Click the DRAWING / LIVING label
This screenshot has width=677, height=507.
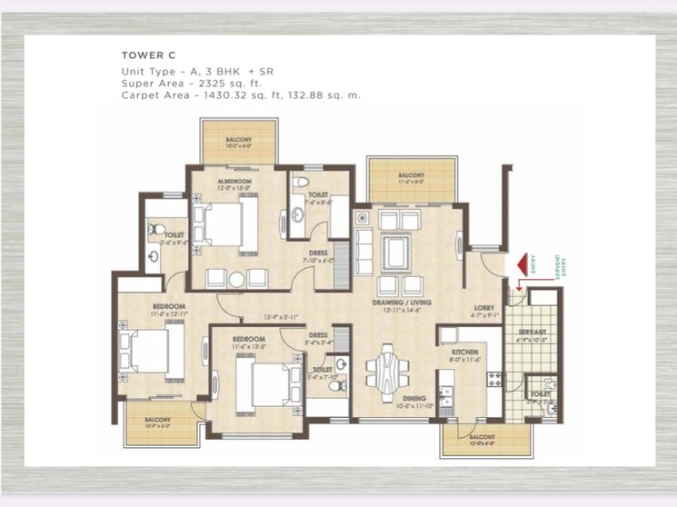pyautogui.click(x=401, y=302)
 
